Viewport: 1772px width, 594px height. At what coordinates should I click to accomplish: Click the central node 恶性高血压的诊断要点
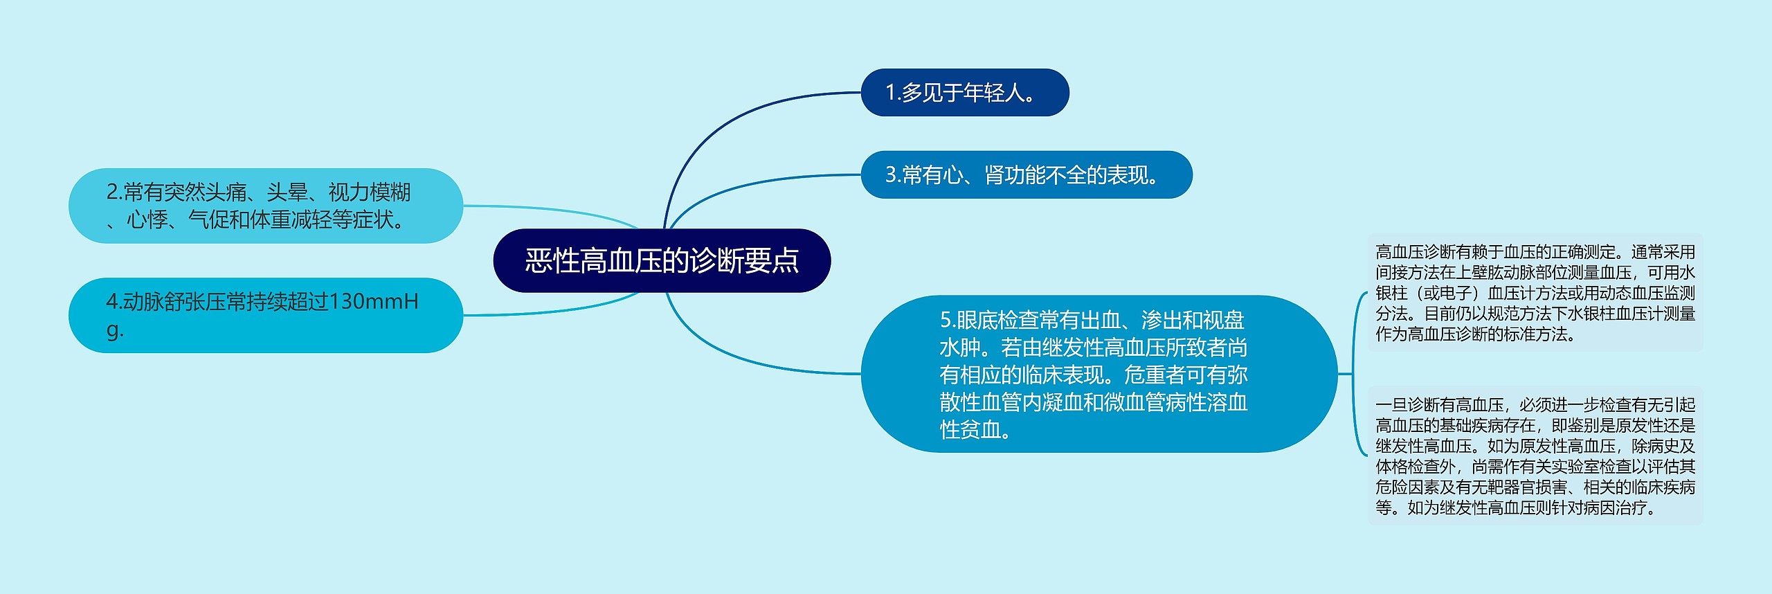click(x=662, y=260)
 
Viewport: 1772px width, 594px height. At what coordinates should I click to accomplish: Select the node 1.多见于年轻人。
click(x=964, y=92)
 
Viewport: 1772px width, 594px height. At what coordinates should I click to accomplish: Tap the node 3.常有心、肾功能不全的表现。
click(x=1026, y=174)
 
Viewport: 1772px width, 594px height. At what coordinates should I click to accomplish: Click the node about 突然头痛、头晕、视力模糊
click(x=265, y=206)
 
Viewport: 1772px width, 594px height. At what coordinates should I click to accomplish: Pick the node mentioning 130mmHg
click(x=265, y=315)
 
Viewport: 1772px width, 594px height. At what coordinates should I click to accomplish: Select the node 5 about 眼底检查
click(x=1099, y=374)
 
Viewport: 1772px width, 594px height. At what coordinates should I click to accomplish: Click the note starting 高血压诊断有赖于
click(x=1535, y=293)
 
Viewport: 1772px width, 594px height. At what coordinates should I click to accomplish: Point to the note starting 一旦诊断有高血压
click(x=1535, y=456)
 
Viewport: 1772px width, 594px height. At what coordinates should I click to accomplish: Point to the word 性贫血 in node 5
click(x=970, y=429)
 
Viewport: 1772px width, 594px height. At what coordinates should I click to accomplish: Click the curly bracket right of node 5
click(x=1354, y=374)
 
